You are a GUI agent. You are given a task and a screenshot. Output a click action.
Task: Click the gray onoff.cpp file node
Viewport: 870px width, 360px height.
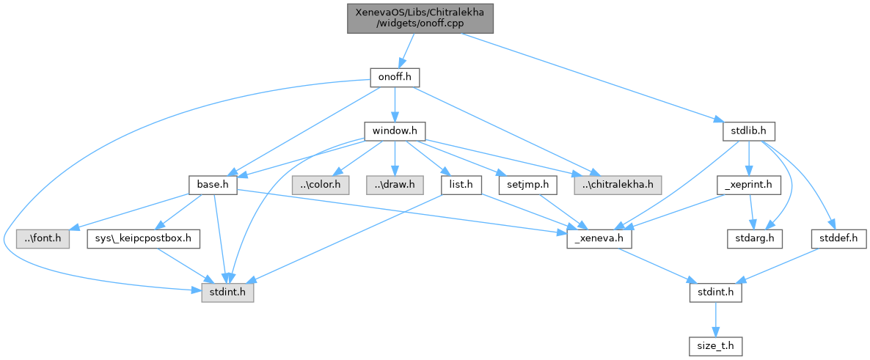click(420, 16)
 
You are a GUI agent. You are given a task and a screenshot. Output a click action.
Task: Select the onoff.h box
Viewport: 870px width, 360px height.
click(395, 78)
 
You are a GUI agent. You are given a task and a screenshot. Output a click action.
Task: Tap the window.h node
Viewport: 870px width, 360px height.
click(395, 131)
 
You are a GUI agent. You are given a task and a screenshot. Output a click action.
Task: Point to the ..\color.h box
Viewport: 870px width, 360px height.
click(321, 185)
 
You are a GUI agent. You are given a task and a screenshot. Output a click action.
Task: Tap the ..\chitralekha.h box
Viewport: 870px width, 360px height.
click(617, 185)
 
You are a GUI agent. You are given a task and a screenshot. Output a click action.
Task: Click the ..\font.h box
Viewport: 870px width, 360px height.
click(43, 238)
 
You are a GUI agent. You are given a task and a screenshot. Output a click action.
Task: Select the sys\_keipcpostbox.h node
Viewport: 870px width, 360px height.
click(144, 238)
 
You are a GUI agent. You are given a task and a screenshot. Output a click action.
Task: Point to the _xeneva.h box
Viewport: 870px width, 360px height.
click(599, 238)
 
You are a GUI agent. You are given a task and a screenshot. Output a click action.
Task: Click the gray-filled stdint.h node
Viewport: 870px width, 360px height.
click(227, 292)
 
